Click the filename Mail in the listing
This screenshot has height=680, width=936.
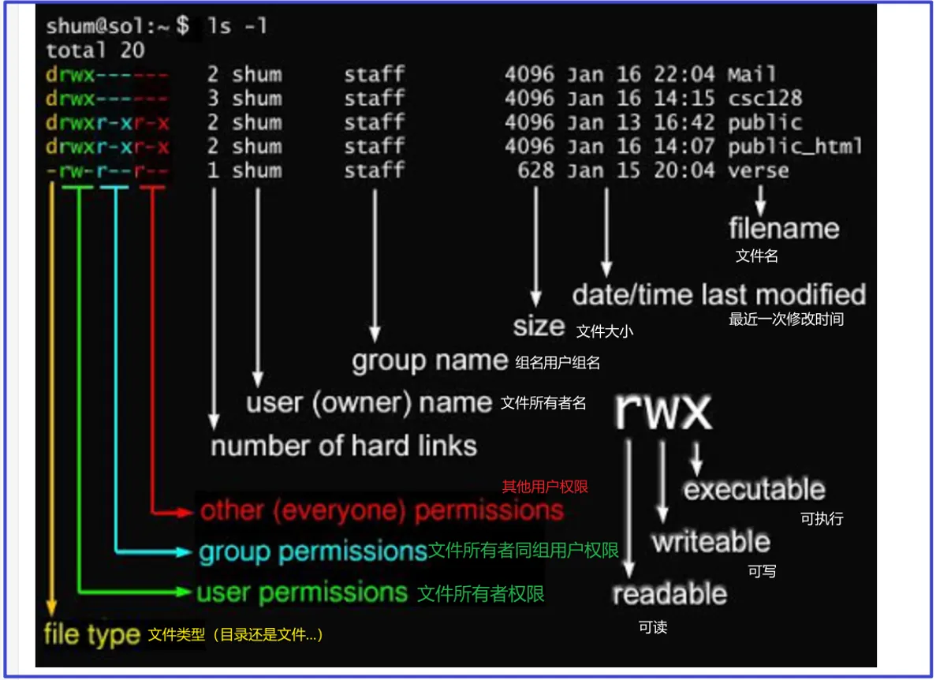click(751, 75)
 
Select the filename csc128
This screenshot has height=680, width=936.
click(764, 99)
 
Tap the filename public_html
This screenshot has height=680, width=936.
click(795, 147)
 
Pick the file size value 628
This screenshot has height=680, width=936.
click(535, 170)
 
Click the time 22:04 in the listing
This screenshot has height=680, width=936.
click(684, 75)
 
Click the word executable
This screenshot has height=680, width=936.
click(754, 490)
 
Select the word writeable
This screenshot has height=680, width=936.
click(710, 542)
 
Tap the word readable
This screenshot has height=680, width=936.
click(669, 593)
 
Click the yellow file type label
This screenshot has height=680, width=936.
click(91, 634)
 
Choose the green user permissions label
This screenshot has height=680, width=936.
click(302, 592)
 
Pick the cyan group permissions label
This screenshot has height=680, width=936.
click(312, 551)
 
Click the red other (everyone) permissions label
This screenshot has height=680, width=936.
click(382, 510)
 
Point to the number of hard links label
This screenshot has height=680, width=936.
click(344, 446)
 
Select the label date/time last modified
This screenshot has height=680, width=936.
click(718, 295)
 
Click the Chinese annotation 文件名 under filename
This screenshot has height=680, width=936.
click(757, 256)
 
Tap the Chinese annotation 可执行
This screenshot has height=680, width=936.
click(822, 518)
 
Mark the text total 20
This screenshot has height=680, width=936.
click(95, 50)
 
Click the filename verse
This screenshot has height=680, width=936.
click(758, 170)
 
